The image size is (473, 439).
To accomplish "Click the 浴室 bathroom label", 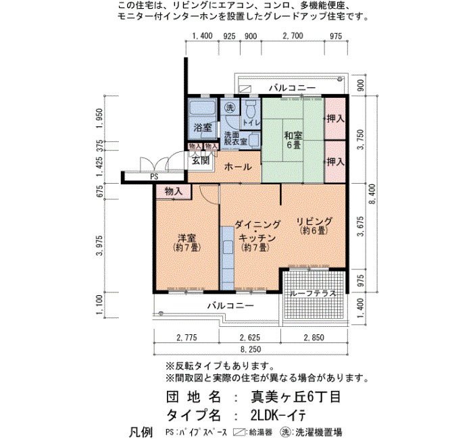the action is pos(203,128).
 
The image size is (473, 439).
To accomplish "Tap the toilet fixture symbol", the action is pos(251,109).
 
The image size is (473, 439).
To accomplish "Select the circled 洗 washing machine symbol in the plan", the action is pos(230,107).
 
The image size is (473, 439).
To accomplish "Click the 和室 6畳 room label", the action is pos(293,140).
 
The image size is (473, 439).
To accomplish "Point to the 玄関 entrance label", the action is pos(201,161).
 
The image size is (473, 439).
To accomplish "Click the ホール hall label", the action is pos(238,166).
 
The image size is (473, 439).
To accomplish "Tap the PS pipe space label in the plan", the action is pos(154,176).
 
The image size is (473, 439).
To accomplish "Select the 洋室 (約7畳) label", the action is pos(186,242).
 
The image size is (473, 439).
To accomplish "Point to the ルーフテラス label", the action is pos(312,293).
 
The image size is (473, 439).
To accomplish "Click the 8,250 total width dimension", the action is pos(251,349).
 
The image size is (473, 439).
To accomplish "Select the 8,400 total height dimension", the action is pos(372,194).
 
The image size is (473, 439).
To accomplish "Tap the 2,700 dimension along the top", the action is pos(293,36).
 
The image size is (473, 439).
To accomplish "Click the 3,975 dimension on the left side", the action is pos(99,245).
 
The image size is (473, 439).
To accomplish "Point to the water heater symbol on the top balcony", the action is pos(245,88).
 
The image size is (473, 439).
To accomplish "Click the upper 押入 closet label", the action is pos(335,118).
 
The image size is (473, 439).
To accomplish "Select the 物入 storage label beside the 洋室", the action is pos(174,191).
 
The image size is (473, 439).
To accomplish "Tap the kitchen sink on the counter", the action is pos(227,248).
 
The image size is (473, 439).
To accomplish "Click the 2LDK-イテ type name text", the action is pos(278,415).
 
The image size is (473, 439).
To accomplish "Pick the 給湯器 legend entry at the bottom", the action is pos(251,432).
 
